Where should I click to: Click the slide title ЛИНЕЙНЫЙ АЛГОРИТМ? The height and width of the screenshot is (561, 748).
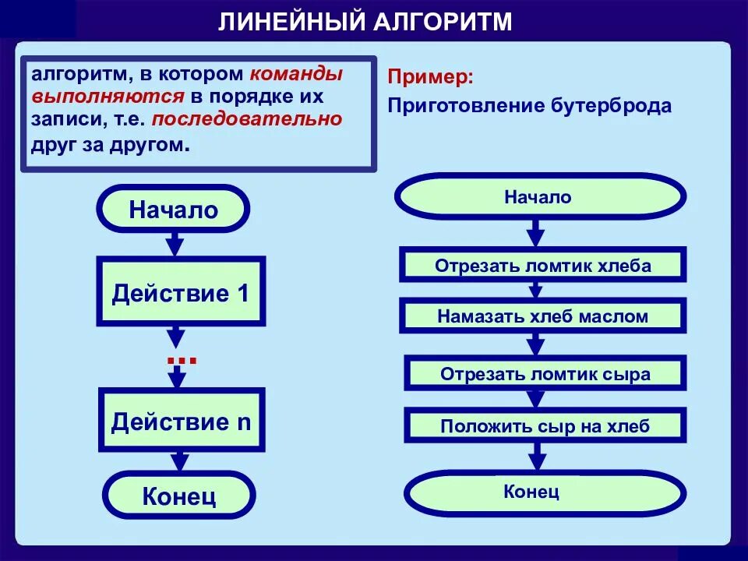[365, 22]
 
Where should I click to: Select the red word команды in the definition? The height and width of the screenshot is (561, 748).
[295, 75]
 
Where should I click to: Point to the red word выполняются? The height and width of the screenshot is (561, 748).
[108, 97]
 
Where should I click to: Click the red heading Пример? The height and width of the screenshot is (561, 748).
[430, 78]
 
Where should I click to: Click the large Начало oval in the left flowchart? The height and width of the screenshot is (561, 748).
[174, 209]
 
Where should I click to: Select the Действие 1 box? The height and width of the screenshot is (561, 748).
[181, 292]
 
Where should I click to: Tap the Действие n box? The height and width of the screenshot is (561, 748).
[181, 422]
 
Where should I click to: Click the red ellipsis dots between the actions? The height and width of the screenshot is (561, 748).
[182, 360]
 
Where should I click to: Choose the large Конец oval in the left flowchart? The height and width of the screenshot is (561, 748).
[179, 496]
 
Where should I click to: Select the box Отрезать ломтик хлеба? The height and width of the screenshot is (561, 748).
[543, 265]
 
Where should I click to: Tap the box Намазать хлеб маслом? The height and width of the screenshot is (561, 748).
[543, 316]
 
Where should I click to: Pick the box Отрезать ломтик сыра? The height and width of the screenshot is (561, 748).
[545, 373]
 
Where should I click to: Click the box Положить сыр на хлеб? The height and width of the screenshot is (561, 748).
[545, 425]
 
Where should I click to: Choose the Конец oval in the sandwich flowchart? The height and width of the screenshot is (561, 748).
[545, 492]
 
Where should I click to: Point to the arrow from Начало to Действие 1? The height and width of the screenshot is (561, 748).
[175, 243]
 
